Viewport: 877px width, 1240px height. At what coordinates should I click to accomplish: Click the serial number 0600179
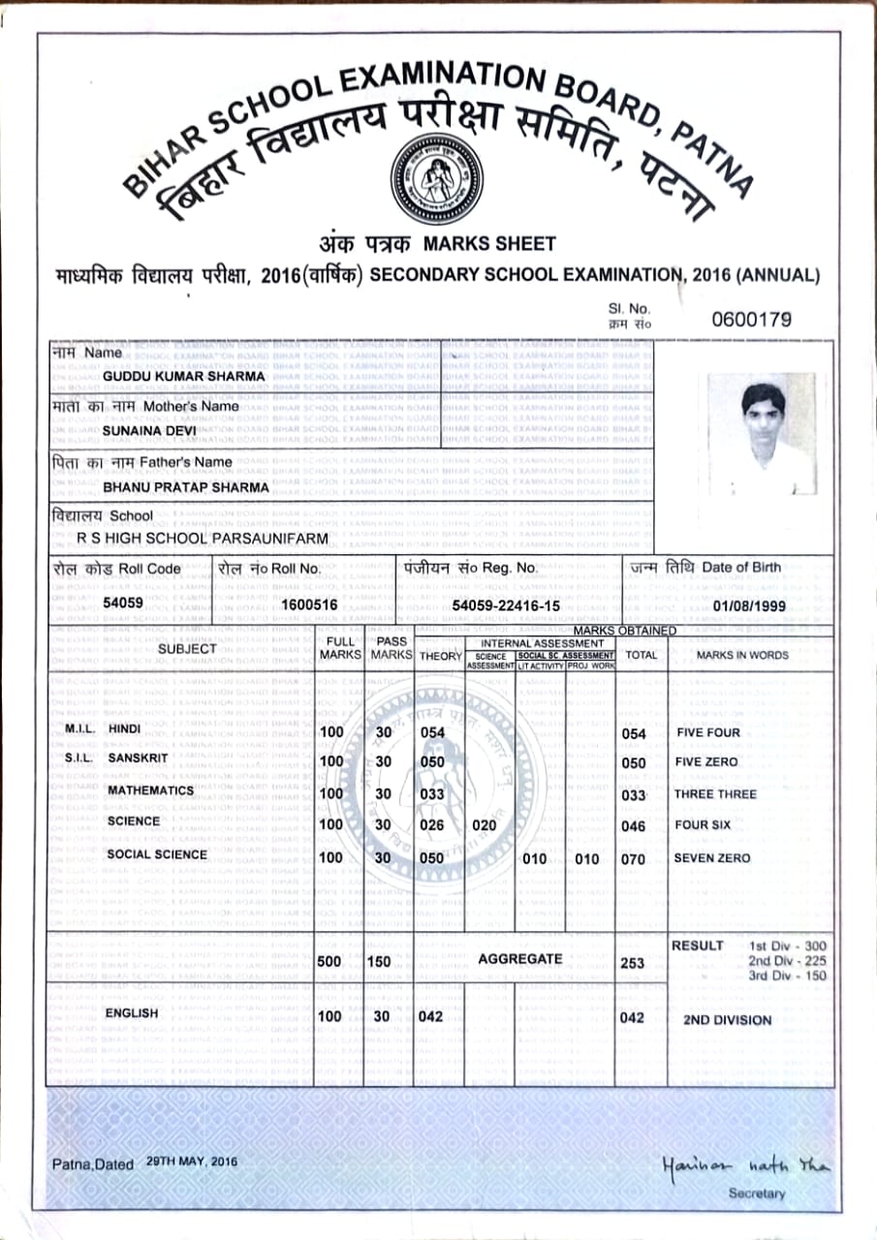(751, 320)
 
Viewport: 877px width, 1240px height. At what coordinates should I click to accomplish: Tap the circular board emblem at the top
(436, 178)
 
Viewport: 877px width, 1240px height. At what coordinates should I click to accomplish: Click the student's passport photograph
(761, 435)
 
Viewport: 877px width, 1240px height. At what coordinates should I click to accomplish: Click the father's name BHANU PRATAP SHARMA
(186, 487)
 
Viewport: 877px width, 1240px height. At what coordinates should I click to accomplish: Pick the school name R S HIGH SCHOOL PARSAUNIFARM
(203, 538)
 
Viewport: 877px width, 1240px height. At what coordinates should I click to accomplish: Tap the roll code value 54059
(122, 603)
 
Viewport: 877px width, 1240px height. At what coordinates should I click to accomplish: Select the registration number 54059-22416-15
(506, 604)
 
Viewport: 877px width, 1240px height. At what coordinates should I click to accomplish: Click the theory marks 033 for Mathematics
(432, 794)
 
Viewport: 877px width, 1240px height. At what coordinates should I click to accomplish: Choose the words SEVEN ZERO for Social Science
(712, 858)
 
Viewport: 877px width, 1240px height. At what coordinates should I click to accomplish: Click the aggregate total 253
(632, 963)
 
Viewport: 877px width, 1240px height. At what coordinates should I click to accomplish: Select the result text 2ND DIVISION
(727, 1020)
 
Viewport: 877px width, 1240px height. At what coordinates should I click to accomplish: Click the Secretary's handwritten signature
(746, 1165)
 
